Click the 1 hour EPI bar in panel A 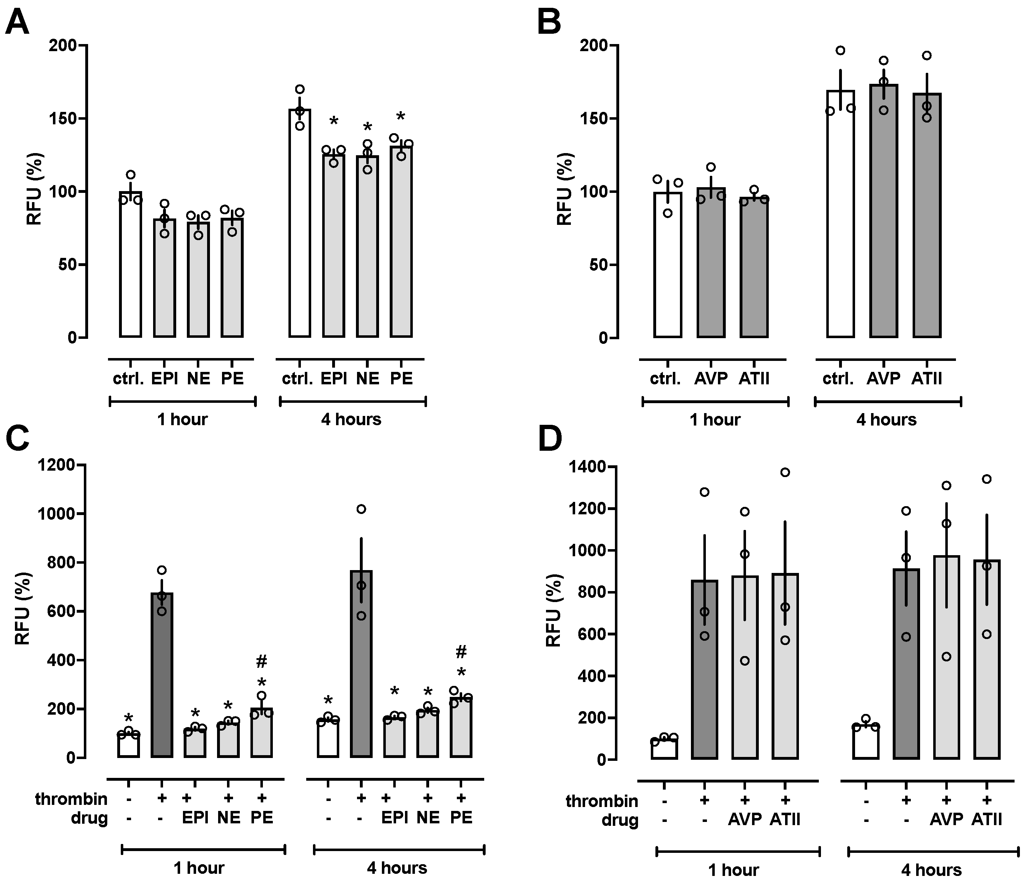click(164, 277)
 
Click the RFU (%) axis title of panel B click(564, 189)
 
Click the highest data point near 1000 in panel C click(361, 509)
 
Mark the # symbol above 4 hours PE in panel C click(461, 652)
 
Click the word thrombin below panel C click(71, 799)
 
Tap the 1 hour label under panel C click(199, 868)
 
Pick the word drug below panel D click(620, 820)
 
